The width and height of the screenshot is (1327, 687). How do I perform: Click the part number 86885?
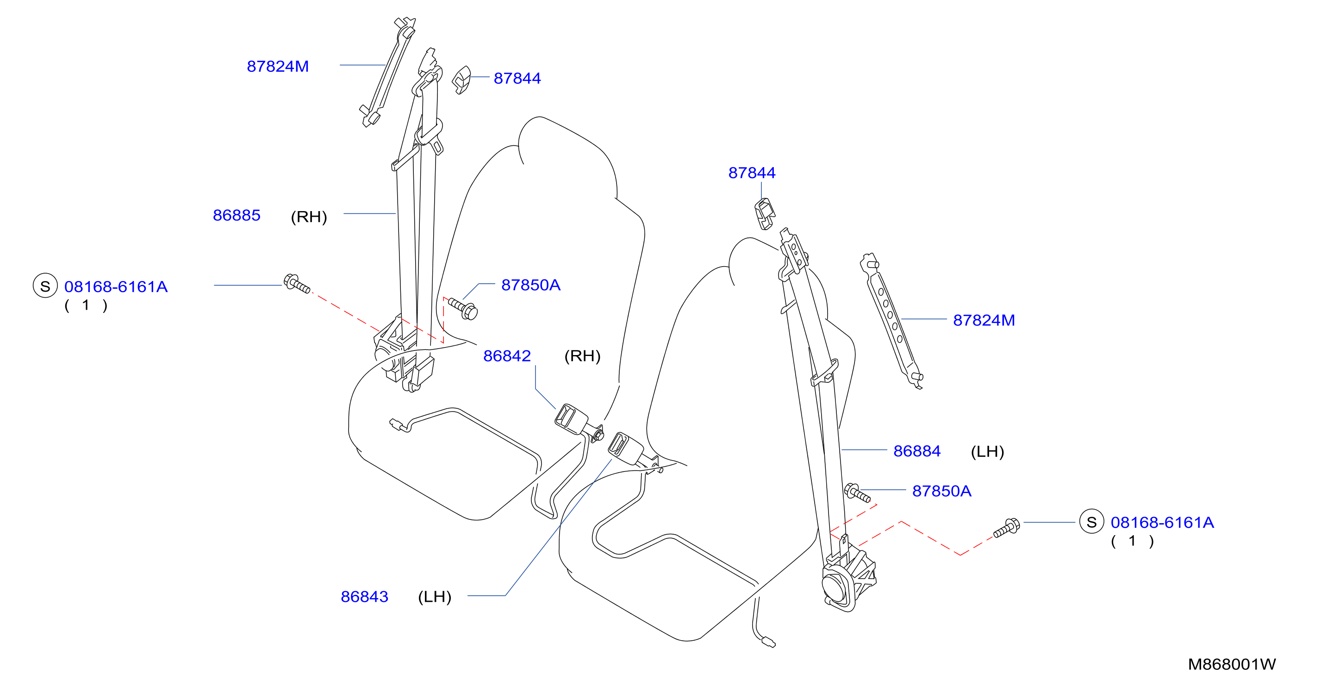point(237,215)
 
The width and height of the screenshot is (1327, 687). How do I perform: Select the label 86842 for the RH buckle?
point(507,356)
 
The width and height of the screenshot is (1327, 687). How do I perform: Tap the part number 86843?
point(364,597)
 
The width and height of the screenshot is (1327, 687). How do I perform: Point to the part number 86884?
point(917,451)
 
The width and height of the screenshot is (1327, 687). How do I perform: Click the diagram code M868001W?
point(1232,664)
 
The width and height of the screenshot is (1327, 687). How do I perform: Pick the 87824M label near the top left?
point(278,67)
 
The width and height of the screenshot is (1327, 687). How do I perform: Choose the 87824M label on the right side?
point(984,320)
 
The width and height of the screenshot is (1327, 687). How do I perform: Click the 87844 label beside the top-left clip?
point(517,78)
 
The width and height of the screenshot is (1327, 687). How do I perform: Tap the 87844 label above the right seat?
point(752,173)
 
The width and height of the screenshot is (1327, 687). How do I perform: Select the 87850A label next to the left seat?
point(530,285)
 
